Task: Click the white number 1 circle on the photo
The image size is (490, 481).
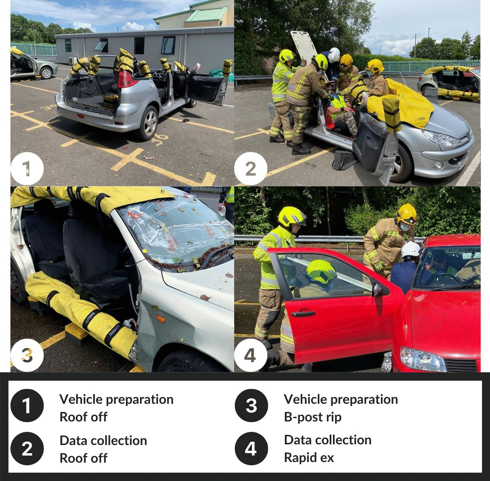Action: (27, 169)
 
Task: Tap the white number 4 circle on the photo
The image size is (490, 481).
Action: (250, 356)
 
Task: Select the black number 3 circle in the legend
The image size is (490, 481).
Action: (251, 406)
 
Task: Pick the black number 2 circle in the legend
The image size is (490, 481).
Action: (27, 449)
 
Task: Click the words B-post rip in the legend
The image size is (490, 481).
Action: (313, 417)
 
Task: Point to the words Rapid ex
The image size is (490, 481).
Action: (309, 458)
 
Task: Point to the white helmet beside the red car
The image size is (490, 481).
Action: (411, 250)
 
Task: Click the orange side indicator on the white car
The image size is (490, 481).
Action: (161, 319)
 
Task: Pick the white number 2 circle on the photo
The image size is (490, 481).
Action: (250, 169)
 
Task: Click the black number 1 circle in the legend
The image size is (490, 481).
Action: (27, 406)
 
